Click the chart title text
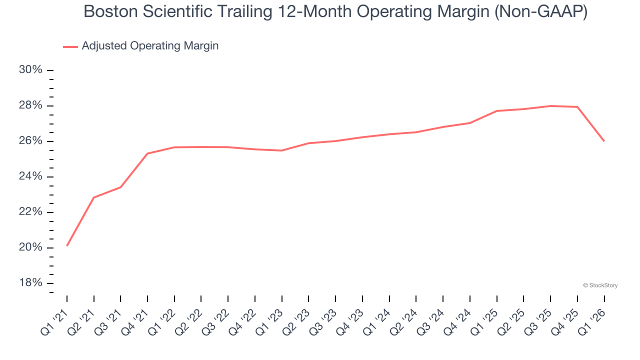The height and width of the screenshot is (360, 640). coord(335,12)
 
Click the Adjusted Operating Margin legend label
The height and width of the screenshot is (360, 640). coord(150,46)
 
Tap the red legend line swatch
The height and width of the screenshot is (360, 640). coord(70,46)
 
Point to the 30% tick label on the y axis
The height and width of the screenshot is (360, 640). coord(30,70)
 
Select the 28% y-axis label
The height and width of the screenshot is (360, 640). coord(30,105)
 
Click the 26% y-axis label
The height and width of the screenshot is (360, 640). coord(30,141)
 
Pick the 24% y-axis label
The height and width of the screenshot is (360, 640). coord(30,176)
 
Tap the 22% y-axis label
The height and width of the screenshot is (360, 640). coord(30,212)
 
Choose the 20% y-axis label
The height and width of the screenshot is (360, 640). coord(30,248)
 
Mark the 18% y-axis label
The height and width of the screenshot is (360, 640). coord(30,283)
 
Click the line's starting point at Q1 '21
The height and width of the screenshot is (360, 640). coord(67,245)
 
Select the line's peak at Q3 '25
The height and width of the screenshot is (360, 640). coord(550,106)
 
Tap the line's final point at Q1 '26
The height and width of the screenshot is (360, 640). coord(604,141)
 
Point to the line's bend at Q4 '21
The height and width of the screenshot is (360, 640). coord(147,153)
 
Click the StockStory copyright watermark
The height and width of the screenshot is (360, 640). coord(600,285)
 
